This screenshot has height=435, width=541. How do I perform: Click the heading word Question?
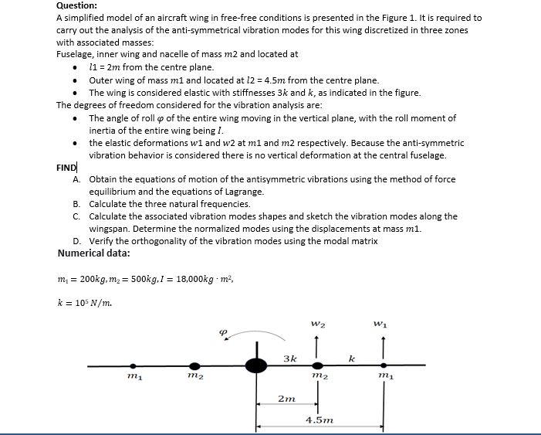click(x=76, y=5)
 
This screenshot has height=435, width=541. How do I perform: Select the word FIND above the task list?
click(x=66, y=168)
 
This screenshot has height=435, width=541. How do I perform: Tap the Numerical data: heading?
click(x=93, y=253)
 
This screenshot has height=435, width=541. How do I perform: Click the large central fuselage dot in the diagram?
click(x=256, y=365)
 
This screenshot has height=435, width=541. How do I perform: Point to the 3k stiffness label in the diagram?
click(x=290, y=358)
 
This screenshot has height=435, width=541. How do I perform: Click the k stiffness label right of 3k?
click(x=351, y=358)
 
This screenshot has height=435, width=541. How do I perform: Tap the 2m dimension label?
click(x=286, y=399)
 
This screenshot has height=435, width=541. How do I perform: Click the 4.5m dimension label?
click(x=320, y=420)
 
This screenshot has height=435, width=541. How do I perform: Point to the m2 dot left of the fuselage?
click(x=194, y=366)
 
